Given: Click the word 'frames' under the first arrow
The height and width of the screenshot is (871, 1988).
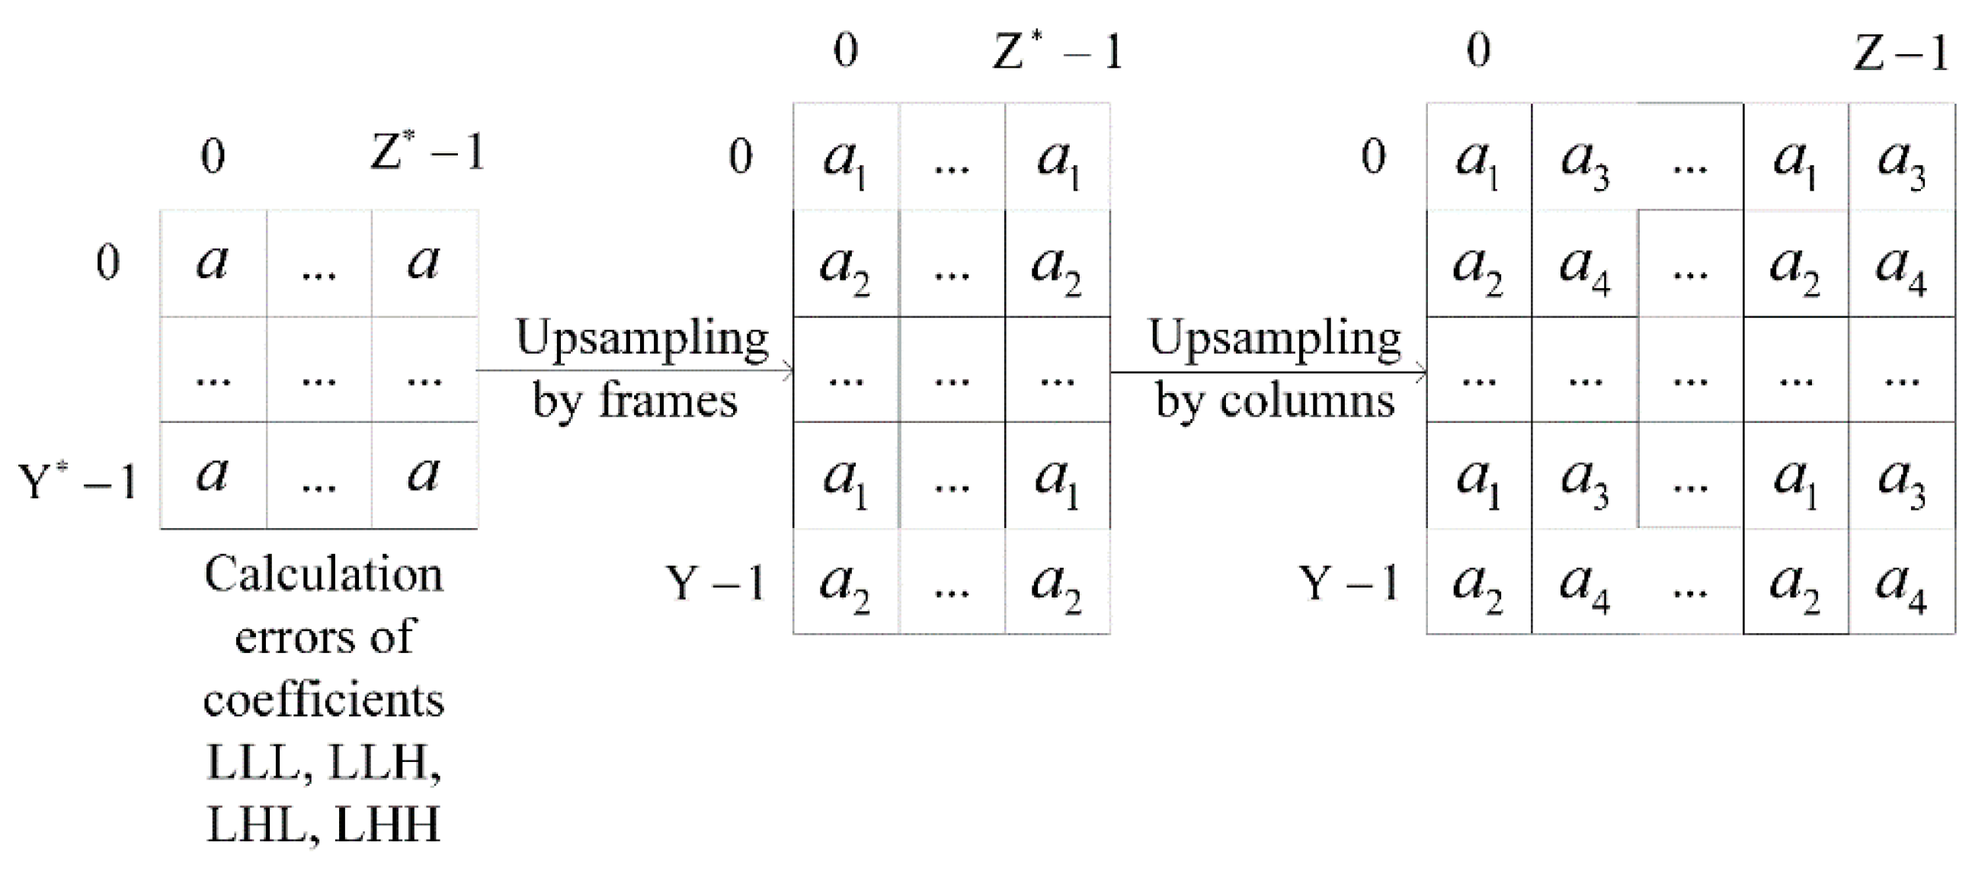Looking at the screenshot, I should [x=668, y=401].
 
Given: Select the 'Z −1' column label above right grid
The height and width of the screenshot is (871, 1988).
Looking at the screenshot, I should [x=1900, y=53].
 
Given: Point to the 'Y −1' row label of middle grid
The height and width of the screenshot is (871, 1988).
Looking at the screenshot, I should [x=715, y=583].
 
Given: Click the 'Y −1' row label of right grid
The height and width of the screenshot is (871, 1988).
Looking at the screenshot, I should [x=1349, y=583].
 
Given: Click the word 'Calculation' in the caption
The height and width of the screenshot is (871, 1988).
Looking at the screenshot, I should [x=324, y=575].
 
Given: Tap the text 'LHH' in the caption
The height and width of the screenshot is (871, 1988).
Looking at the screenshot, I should [x=387, y=825].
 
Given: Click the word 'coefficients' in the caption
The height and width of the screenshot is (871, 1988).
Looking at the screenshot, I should [x=324, y=700].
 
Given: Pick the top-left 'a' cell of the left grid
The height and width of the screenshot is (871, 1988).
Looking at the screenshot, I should [x=213, y=262].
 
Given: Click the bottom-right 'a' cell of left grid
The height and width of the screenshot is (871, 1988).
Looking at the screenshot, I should [x=424, y=475].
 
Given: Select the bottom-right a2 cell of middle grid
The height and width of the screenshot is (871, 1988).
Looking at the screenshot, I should [x=1058, y=583].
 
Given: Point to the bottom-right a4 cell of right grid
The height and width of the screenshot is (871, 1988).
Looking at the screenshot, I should [x=1902, y=583].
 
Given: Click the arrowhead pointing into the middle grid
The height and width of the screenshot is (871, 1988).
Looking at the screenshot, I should [x=788, y=371].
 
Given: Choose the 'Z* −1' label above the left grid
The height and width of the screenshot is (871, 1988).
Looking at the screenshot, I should [x=427, y=152].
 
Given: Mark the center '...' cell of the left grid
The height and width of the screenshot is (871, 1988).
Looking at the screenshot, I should [x=319, y=370].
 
